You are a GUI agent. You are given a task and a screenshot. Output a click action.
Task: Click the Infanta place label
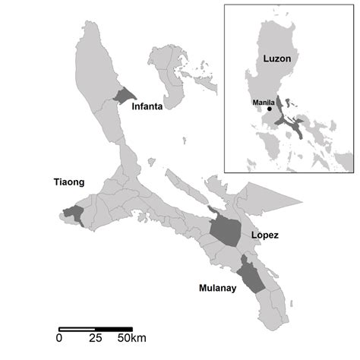(x=149, y=107)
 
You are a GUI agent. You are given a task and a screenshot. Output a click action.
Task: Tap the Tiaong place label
(x=69, y=182)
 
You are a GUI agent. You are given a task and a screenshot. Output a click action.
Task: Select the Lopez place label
(x=264, y=235)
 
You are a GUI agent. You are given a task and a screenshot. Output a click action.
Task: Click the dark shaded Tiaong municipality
(x=74, y=215)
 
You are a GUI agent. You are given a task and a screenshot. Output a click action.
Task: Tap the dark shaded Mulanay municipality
(x=251, y=275)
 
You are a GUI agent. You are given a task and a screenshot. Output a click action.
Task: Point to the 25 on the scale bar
(x=96, y=336)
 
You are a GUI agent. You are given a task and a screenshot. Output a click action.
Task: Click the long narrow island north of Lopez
(x=190, y=190)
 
